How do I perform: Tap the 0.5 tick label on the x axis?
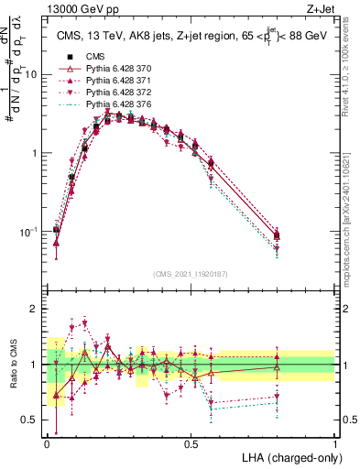[x=191, y=443]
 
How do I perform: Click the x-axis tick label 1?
[x=334, y=443]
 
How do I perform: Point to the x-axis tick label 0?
[x=47, y=443]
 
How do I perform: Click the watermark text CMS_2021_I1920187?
[x=191, y=274]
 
